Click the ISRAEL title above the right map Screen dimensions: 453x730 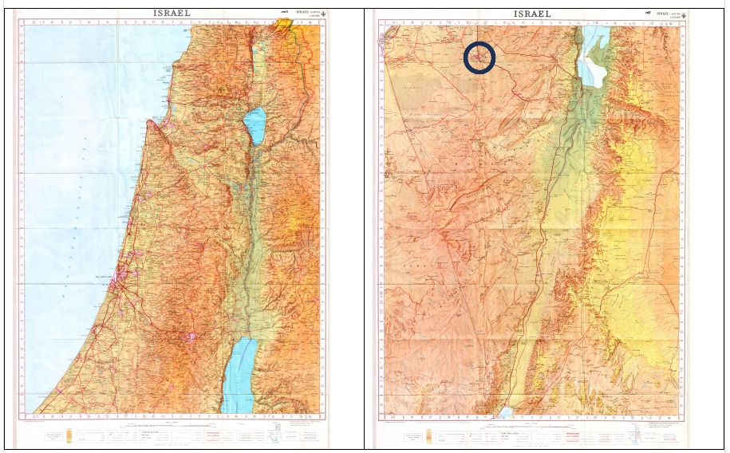[532, 14]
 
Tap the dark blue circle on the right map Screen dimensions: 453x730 [479, 58]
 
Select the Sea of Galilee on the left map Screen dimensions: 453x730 [255, 124]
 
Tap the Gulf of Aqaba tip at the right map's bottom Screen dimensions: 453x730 [504, 412]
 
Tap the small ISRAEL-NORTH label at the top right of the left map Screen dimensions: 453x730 [309, 14]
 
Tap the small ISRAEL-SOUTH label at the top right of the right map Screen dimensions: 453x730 [666, 14]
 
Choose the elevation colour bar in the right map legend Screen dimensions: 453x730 [432, 436]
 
